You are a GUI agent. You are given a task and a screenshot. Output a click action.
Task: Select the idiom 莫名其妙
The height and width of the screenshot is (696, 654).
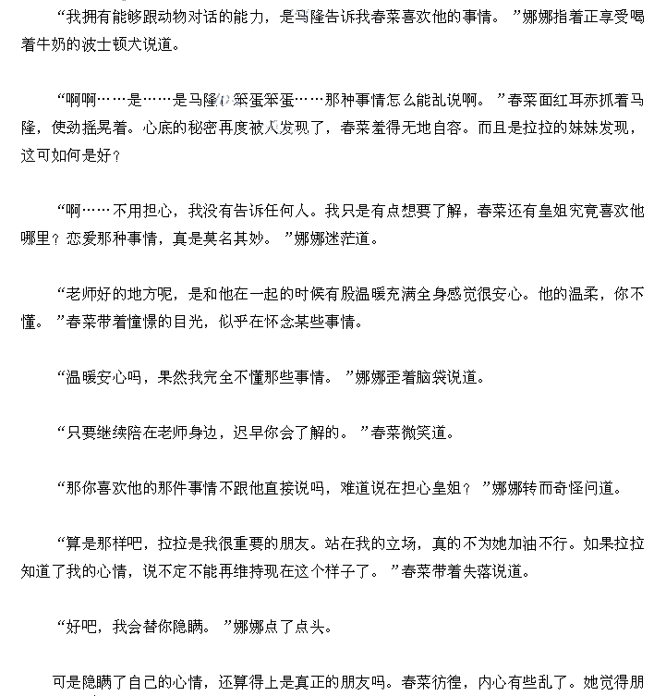pos(222,238)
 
